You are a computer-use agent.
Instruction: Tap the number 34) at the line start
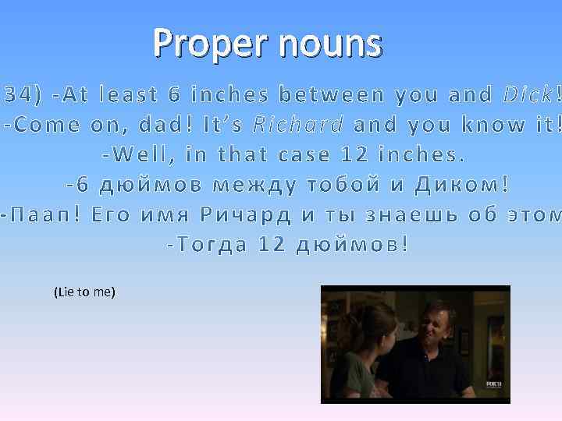click(22, 95)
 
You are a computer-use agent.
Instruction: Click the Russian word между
click(258, 185)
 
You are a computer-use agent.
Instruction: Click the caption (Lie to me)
click(84, 292)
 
